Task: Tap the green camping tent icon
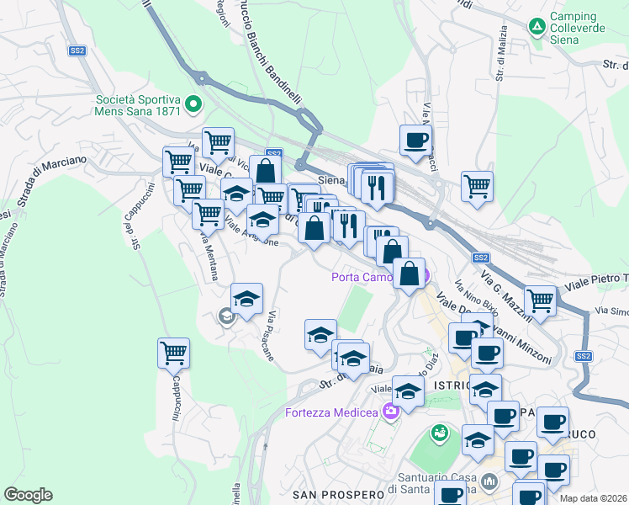(x=536, y=27)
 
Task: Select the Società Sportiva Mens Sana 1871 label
(x=139, y=104)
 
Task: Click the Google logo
(x=29, y=494)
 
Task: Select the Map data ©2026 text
(x=593, y=498)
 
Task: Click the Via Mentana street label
(x=208, y=252)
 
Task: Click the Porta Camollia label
(x=368, y=277)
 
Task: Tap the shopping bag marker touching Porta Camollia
(x=409, y=274)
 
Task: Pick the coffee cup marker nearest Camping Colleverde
(x=415, y=140)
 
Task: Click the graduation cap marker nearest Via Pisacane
(x=246, y=299)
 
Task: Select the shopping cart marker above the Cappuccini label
(x=173, y=353)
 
